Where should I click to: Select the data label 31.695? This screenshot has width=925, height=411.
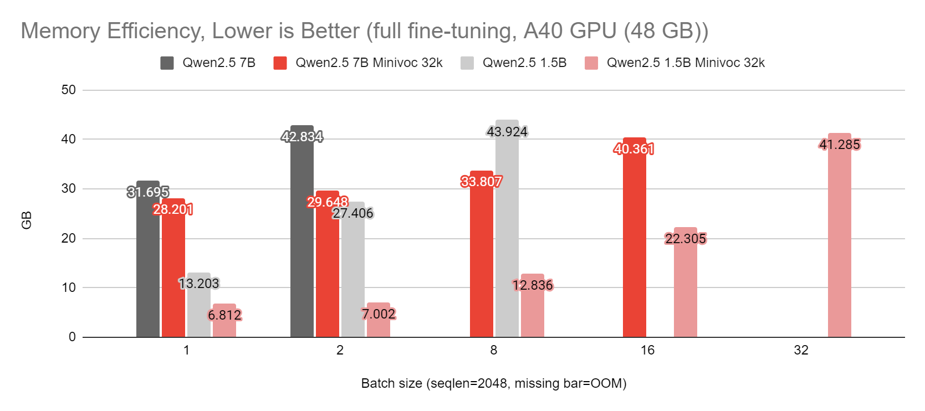tap(148, 192)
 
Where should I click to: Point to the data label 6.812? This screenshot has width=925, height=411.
tap(224, 315)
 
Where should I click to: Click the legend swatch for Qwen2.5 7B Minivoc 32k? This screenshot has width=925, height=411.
tap(280, 63)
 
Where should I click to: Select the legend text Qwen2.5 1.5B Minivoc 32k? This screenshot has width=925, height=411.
tap(686, 63)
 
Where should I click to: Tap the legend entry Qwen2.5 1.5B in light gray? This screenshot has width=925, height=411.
tap(524, 63)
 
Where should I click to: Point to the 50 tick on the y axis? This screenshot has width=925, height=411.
tap(69, 90)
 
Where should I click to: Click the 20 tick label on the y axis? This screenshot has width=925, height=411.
tap(69, 238)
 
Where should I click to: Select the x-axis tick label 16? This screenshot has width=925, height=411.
tap(647, 350)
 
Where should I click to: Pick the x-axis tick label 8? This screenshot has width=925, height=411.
tap(493, 350)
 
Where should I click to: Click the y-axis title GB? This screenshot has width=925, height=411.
tap(27, 220)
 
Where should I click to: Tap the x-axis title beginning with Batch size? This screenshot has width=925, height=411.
tap(493, 383)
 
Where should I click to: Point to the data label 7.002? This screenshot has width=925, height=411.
tap(379, 314)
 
